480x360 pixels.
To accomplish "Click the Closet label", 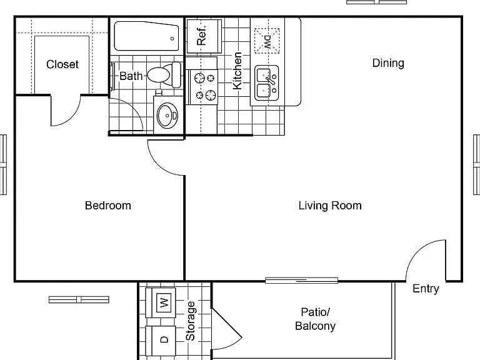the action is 62,64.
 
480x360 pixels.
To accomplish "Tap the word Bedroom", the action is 108,206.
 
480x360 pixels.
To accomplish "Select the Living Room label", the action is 330,206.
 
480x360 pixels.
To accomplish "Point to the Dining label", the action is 388,63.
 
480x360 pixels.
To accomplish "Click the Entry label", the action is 426,288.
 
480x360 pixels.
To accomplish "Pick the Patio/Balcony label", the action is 315,319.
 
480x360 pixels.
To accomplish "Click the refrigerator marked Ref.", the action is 204,36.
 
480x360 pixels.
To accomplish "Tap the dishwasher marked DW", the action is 267,41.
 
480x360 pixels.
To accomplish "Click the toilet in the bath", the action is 164,74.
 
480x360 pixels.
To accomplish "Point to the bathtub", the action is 146,36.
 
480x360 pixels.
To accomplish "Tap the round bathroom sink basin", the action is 167,116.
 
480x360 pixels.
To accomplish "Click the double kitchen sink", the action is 267,82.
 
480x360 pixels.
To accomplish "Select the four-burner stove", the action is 203,87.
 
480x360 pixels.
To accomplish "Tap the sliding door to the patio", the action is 301,281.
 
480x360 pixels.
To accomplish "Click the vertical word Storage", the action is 191,321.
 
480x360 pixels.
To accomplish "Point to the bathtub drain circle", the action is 172,39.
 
